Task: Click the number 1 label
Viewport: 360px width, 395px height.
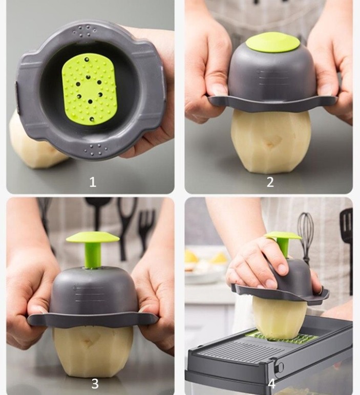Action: pos(93,182)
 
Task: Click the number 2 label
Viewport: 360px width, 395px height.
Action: pos(270,182)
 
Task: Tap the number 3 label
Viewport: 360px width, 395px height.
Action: pos(95,384)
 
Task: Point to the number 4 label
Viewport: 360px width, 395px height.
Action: pos(271,384)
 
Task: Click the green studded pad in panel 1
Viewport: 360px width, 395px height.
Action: pos(90,90)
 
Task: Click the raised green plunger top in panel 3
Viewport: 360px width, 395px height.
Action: pos(93,237)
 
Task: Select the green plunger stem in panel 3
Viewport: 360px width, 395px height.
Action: pos(93,255)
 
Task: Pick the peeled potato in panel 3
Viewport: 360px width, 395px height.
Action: pos(93,352)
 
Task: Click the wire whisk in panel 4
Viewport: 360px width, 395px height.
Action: pos(306,234)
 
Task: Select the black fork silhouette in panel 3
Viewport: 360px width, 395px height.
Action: pos(146,227)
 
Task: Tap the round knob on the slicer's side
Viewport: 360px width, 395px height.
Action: pos(280,367)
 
